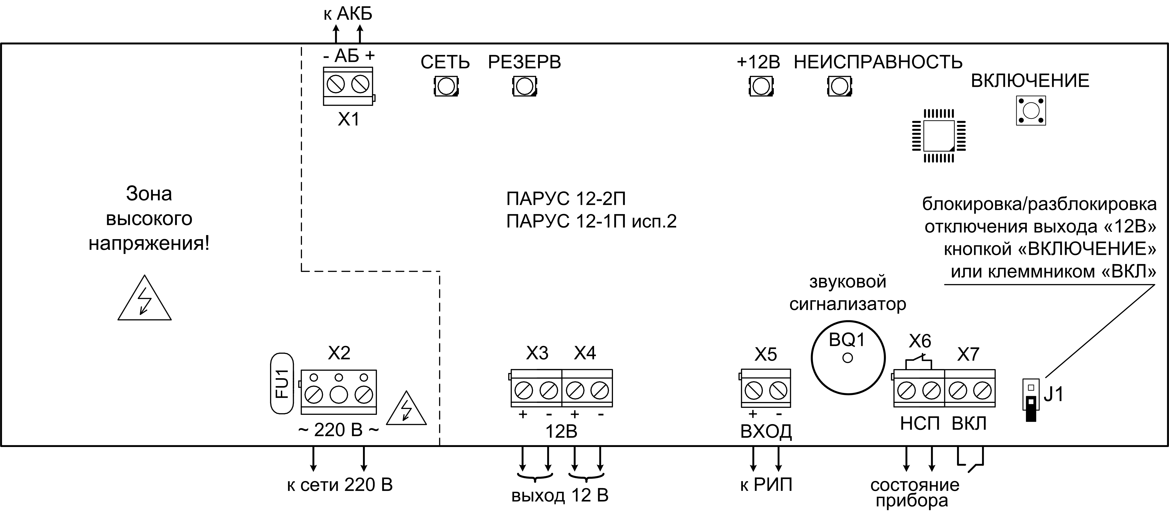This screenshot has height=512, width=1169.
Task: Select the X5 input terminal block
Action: [766, 389]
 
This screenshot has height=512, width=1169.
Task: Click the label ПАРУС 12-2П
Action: [566, 199]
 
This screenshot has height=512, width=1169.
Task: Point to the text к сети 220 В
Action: [339, 485]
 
